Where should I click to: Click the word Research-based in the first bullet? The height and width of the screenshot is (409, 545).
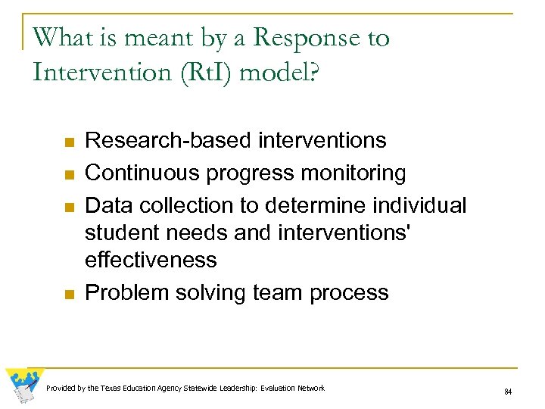pyautogui.click(x=168, y=141)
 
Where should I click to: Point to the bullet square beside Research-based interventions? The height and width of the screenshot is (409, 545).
pyautogui.click(x=68, y=142)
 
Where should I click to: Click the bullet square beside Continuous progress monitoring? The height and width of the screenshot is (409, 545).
pyautogui.click(x=68, y=175)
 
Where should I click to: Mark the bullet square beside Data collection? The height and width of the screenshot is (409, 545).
pyautogui.click(x=68, y=208)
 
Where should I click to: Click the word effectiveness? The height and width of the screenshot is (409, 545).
pyautogui.click(x=151, y=260)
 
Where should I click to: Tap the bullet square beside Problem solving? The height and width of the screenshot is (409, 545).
pyautogui.click(x=68, y=295)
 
